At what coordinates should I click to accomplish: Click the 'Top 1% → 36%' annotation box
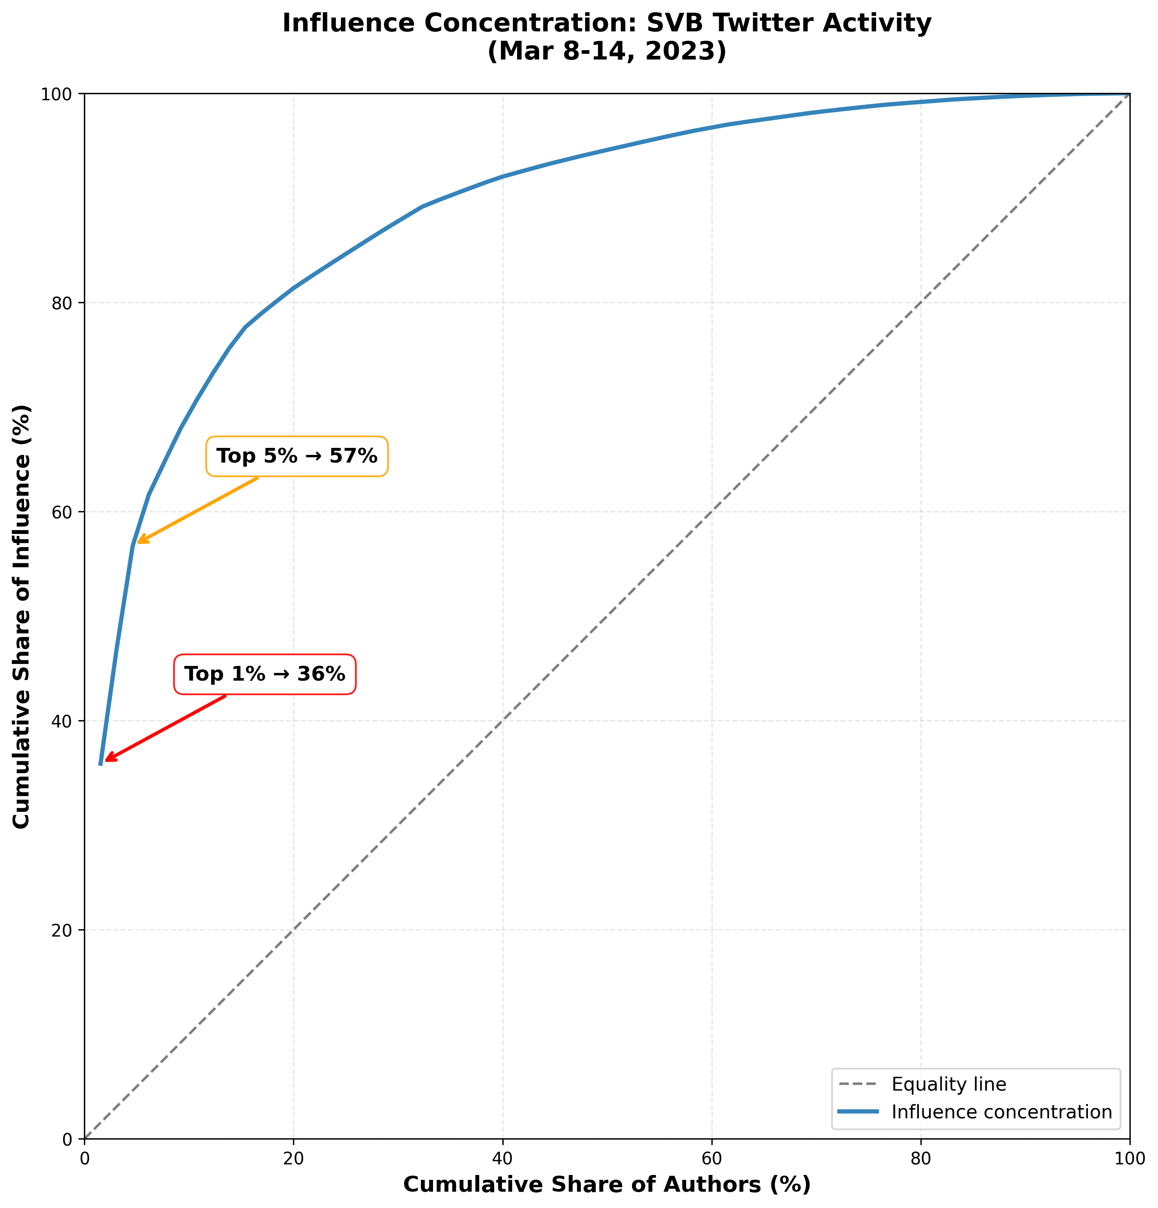pos(264,674)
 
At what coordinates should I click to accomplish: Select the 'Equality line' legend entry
pos(949,1084)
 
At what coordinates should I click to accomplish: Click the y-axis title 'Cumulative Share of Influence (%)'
pos(22,616)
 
